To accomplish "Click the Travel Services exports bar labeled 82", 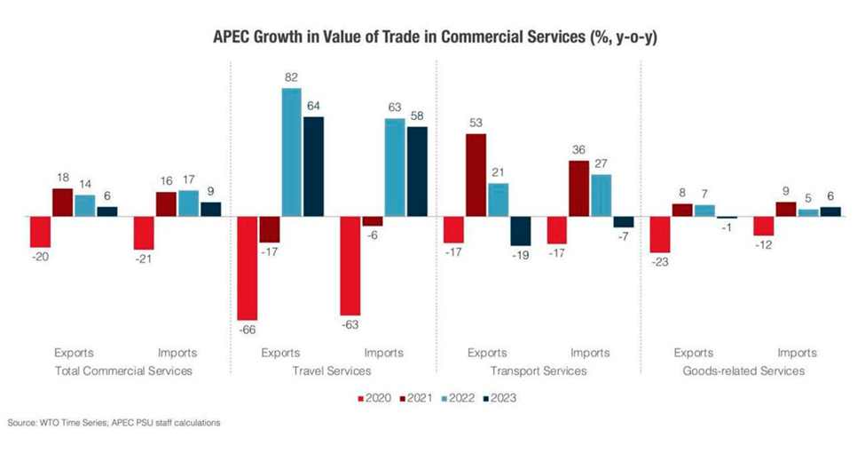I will click(x=291, y=152).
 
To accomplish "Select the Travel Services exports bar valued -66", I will click(x=246, y=268).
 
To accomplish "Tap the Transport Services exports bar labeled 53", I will click(x=476, y=175).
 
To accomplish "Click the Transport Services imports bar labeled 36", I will click(x=579, y=188).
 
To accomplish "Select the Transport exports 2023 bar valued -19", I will click(x=521, y=231).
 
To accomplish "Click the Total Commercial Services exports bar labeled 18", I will click(x=62, y=203).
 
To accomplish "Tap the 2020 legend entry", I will click(x=374, y=397).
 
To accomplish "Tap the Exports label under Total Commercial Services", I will click(x=73, y=353).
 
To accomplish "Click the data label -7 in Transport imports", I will click(x=624, y=236).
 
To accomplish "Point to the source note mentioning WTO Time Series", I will click(x=114, y=423).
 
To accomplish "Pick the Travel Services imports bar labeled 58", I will click(x=416, y=171).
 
